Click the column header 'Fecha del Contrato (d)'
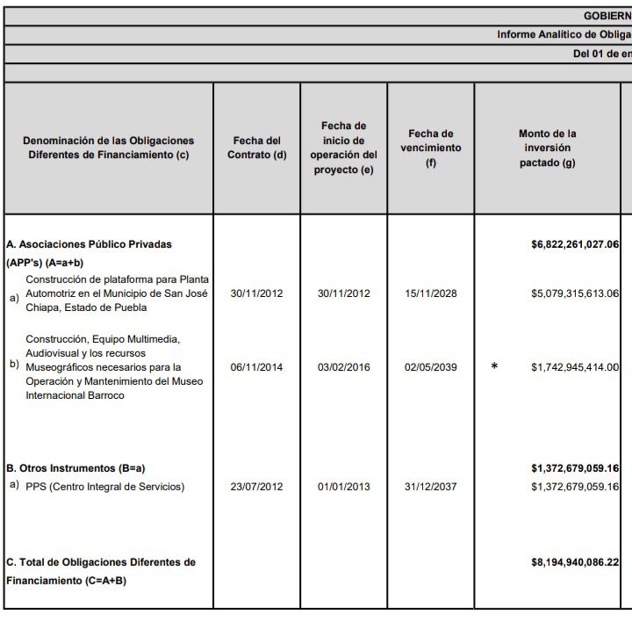coord(256,148)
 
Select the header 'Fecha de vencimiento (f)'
coord(430,148)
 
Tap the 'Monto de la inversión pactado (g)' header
coord(547,148)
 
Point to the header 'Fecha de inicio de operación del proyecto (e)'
coord(343,148)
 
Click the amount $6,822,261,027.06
coord(575,244)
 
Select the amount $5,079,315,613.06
coord(575,293)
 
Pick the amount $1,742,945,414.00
coord(575,367)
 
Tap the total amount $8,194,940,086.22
coord(575,561)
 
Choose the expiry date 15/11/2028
coord(430,293)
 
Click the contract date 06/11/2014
coord(256,367)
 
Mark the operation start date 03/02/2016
coord(343,367)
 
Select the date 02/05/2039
coord(430,367)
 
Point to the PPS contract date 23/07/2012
coord(256,487)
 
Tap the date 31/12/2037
coord(430,487)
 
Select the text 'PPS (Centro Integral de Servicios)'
coord(105,487)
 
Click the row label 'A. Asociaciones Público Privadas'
coord(89,244)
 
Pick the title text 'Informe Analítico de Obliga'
coord(564,34)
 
